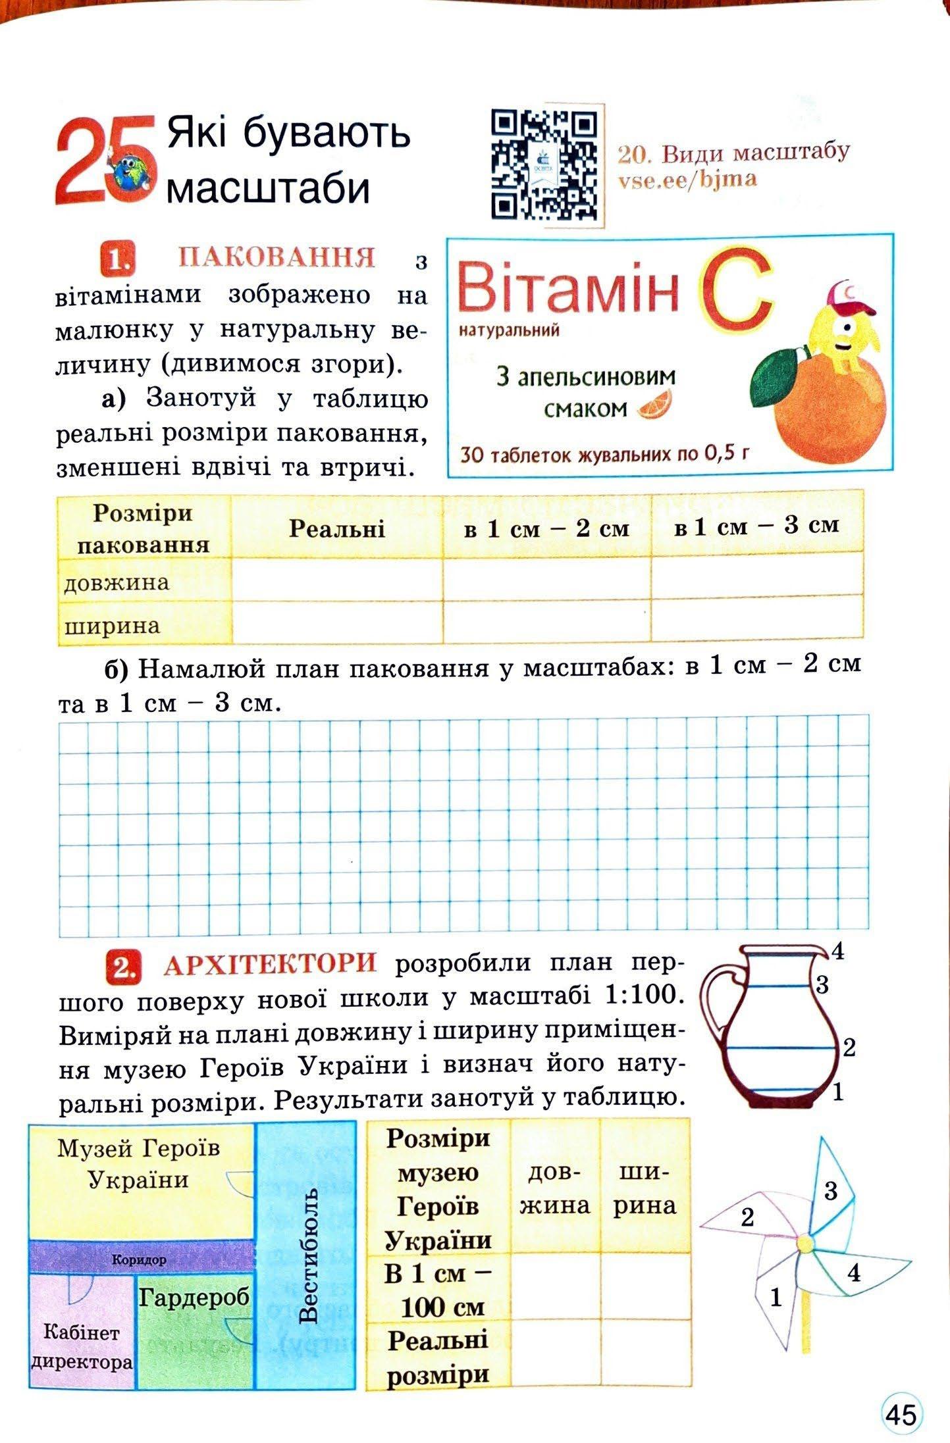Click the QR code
click(546, 165)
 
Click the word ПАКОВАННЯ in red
click(277, 257)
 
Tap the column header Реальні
click(336, 529)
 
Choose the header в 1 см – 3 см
click(756, 526)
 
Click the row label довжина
click(117, 583)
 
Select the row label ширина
click(113, 626)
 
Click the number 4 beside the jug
click(837, 951)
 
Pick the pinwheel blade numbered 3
click(831, 1190)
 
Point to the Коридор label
click(139, 1260)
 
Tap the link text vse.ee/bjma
click(687, 179)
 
